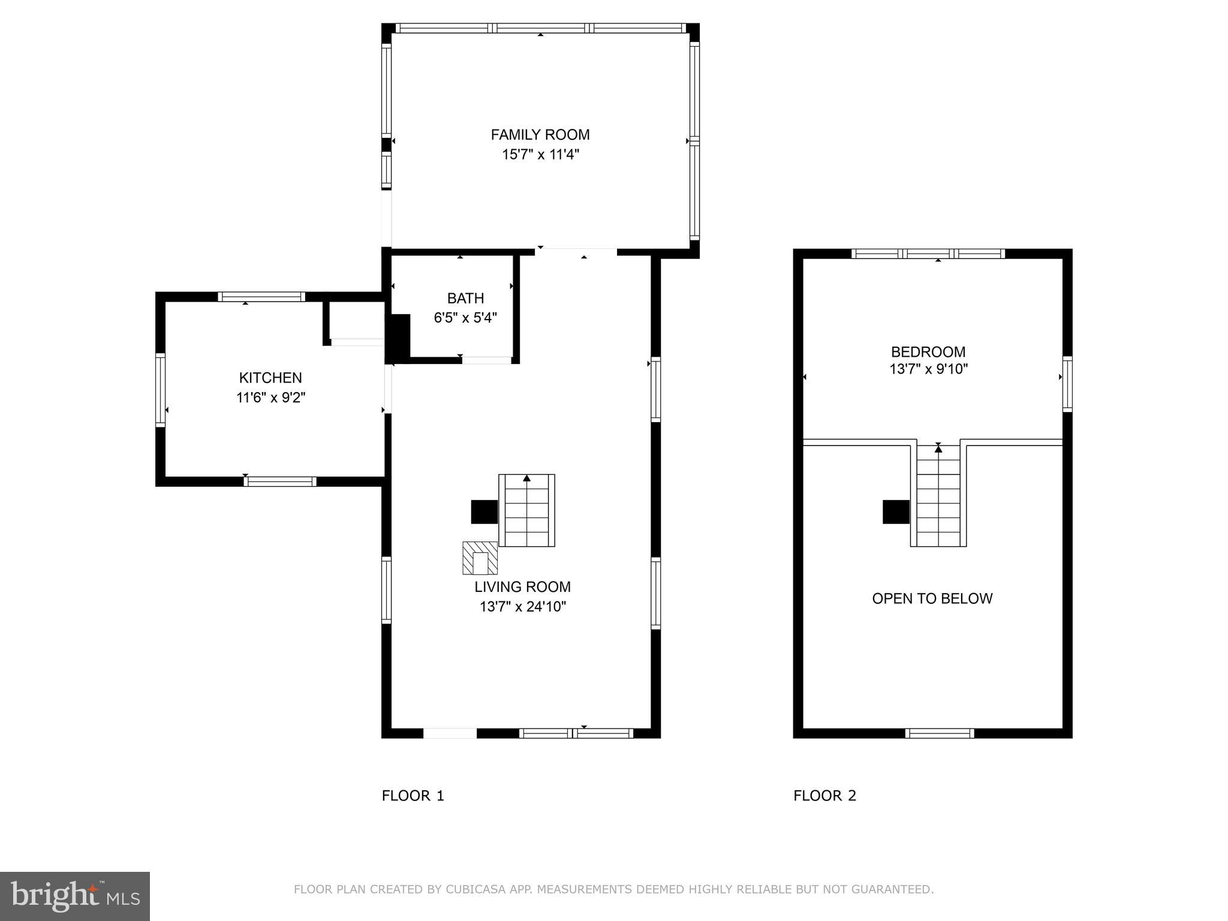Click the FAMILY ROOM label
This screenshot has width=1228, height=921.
pos(540,135)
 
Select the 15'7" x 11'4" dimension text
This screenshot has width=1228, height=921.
pos(540,155)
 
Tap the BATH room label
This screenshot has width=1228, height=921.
pos(465,298)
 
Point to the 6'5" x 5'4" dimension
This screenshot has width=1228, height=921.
pos(465,318)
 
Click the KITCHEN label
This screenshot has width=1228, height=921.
pos(270,378)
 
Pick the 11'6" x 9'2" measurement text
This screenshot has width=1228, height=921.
pos(270,398)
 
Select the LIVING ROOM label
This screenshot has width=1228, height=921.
pos(522,587)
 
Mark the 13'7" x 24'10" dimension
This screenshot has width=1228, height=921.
pos(522,607)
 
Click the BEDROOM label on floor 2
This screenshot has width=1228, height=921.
pos(928,352)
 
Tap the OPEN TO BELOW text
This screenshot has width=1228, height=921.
pos(932,598)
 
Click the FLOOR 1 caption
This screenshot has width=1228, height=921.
pos(413,796)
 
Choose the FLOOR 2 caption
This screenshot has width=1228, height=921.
pos(824,796)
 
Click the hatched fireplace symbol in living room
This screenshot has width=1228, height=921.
pos(480,558)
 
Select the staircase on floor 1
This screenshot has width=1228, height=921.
pos(526,511)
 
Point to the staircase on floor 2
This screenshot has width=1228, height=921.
pos(938,498)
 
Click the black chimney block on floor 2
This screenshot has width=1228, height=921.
pos(896,512)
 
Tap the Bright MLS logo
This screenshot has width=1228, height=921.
pos(74,896)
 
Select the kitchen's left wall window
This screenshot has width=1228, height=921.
pos(160,390)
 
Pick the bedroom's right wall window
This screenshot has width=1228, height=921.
pos(1067,384)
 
